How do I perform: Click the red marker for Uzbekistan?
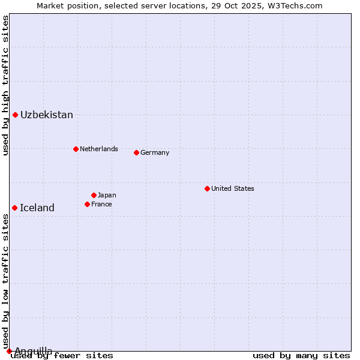point(15,115)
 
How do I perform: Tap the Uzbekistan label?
point(47,115)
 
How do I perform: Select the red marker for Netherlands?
point(76,149)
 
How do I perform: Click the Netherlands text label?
point(99,149)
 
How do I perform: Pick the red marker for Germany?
point(136,152)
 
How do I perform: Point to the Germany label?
point(155,152)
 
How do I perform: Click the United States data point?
point(207,188)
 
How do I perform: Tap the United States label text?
point(233,188)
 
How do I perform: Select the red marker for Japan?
point(94,195)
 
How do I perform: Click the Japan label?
point(107,195)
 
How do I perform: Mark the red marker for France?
point(87,204)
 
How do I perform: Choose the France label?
point(101,204)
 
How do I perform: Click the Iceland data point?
point(14,208)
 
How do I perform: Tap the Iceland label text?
point(37,208)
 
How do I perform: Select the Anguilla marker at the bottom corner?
point(9,351)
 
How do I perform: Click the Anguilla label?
point(34,351)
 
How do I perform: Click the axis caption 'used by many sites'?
point(301,356)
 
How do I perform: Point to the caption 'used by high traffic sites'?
point(5,85)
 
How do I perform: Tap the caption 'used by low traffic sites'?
point(5,281)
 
